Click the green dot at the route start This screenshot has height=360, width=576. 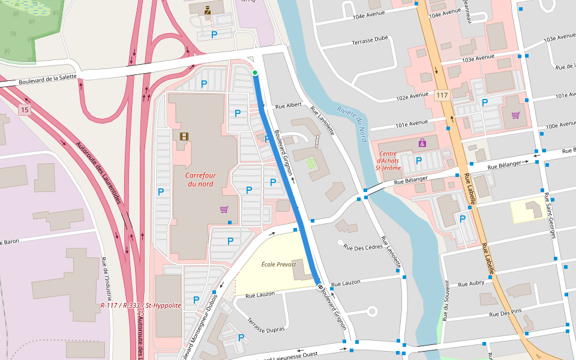255,73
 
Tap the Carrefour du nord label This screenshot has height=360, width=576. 200,179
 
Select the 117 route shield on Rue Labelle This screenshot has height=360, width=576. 442,96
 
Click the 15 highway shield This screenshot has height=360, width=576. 24,110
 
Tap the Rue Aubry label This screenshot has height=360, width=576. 470,283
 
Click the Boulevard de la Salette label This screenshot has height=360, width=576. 48,79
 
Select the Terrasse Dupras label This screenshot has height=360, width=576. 265,323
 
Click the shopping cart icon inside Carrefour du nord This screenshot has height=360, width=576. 224,209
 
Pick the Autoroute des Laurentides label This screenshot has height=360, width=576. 99,173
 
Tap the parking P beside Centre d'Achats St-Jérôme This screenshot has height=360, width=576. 419,160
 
